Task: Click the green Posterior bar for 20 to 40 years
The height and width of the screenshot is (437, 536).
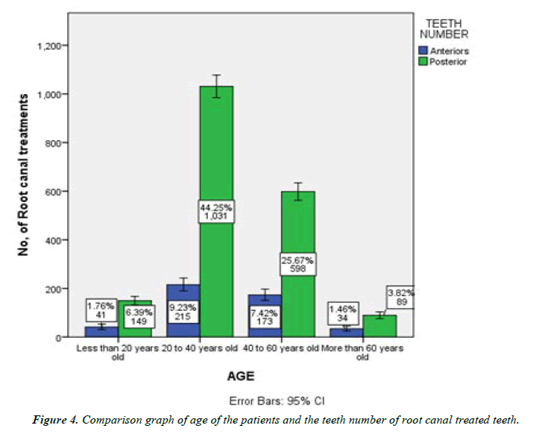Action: (215, 149)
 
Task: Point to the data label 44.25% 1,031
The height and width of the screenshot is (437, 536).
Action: (215, 212)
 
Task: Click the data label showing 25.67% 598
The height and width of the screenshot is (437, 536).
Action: (297, 264)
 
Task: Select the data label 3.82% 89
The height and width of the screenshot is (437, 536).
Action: (400, 297)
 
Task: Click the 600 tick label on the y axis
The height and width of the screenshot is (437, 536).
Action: (57, 192)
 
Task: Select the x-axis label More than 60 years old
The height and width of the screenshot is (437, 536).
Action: (362, 352)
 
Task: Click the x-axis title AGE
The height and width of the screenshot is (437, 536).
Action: (242, 377)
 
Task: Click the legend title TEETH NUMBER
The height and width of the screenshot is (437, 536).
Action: (443, 28)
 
